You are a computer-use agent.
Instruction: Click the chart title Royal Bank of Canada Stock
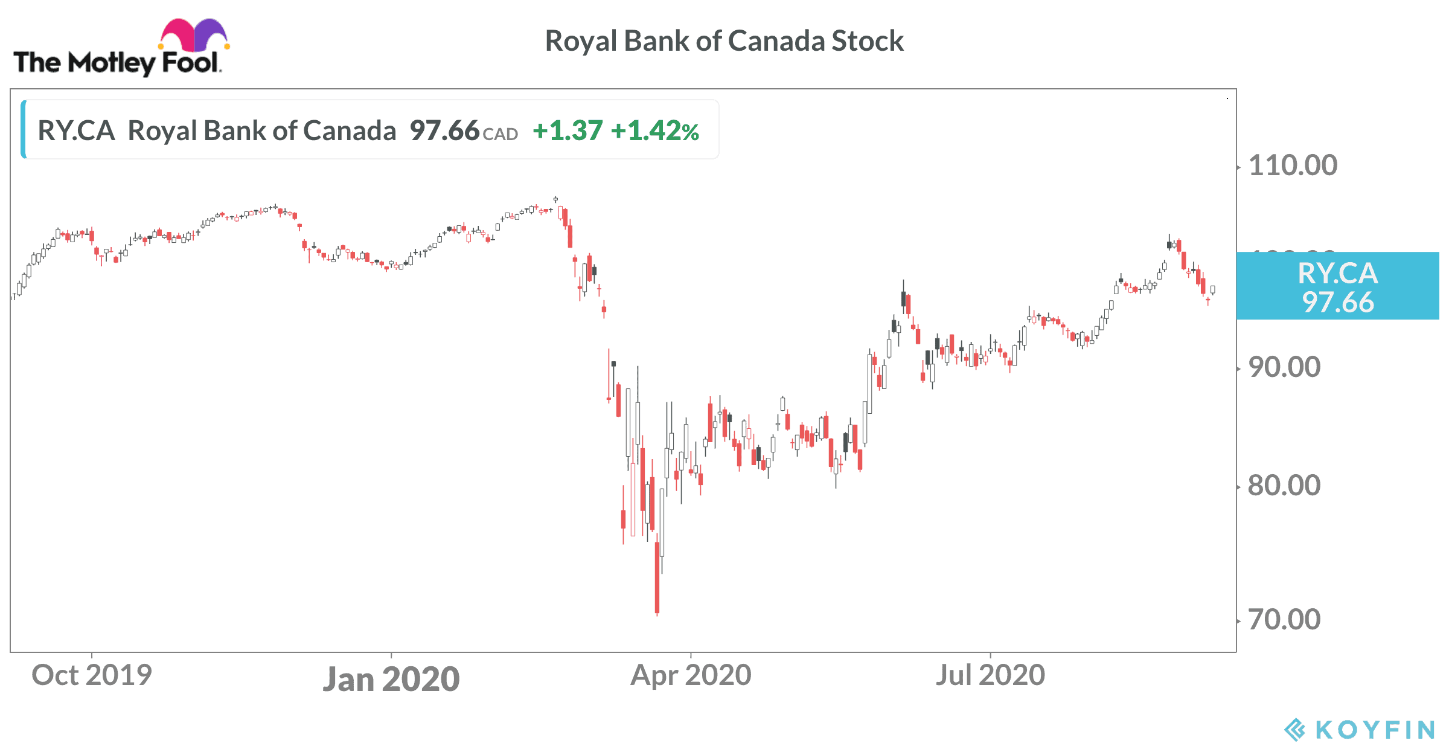click(724, 41)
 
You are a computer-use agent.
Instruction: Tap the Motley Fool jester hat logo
click(193, 35)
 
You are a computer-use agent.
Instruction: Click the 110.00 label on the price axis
click(1293, 166)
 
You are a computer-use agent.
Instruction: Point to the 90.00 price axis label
click(1284, 367)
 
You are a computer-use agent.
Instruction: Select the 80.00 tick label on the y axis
click(1284, 486)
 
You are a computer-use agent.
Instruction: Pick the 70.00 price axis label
click(1284, 620)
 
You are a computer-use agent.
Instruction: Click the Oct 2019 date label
click(92, 675)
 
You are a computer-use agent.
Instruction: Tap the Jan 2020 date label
click(391, 679)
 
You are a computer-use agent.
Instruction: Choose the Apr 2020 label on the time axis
click(691, 675)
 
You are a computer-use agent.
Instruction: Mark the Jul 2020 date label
click(990, 675)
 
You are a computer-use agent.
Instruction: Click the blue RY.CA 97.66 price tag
click(1337, 286)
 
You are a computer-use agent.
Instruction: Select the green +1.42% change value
click(654, 130)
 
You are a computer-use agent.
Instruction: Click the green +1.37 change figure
click(568, 130)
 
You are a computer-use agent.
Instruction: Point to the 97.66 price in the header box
click(444, 130)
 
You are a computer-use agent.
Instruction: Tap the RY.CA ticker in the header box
click(77, 130)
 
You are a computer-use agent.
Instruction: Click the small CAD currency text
click(501, 134)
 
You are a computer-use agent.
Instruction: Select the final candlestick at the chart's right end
click(1212, 290)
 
